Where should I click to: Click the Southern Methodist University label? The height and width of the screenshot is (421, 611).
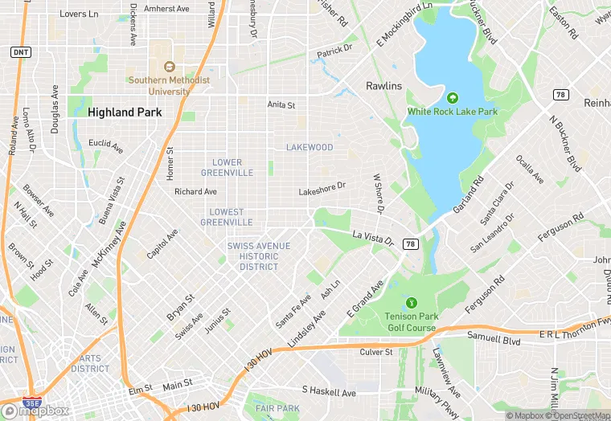(x=168, y=86)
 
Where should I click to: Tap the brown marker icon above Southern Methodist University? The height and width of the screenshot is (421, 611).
(x=169, y=67)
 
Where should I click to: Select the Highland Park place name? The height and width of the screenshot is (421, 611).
(x=125, y=113)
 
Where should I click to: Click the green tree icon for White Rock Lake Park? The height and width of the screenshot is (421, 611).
(x=452, y=98)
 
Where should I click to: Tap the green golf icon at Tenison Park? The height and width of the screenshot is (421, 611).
(x=411, y=303)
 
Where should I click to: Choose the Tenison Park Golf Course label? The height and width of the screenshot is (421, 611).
(x=410, y=322)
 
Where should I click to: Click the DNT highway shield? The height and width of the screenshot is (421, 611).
(x=20, y=51)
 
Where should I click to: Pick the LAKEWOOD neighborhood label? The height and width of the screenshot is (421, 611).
(x=310, y=148)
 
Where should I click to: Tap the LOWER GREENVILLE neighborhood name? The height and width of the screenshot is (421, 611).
(x=227, y=167)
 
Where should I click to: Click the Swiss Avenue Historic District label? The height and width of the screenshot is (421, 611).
(x=252, y=256)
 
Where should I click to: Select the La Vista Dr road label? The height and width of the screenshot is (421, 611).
(x=373, y=239)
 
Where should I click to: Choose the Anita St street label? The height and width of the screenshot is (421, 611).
(x=281, y=105)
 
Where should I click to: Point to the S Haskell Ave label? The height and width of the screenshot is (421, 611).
(x=329, y=392)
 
